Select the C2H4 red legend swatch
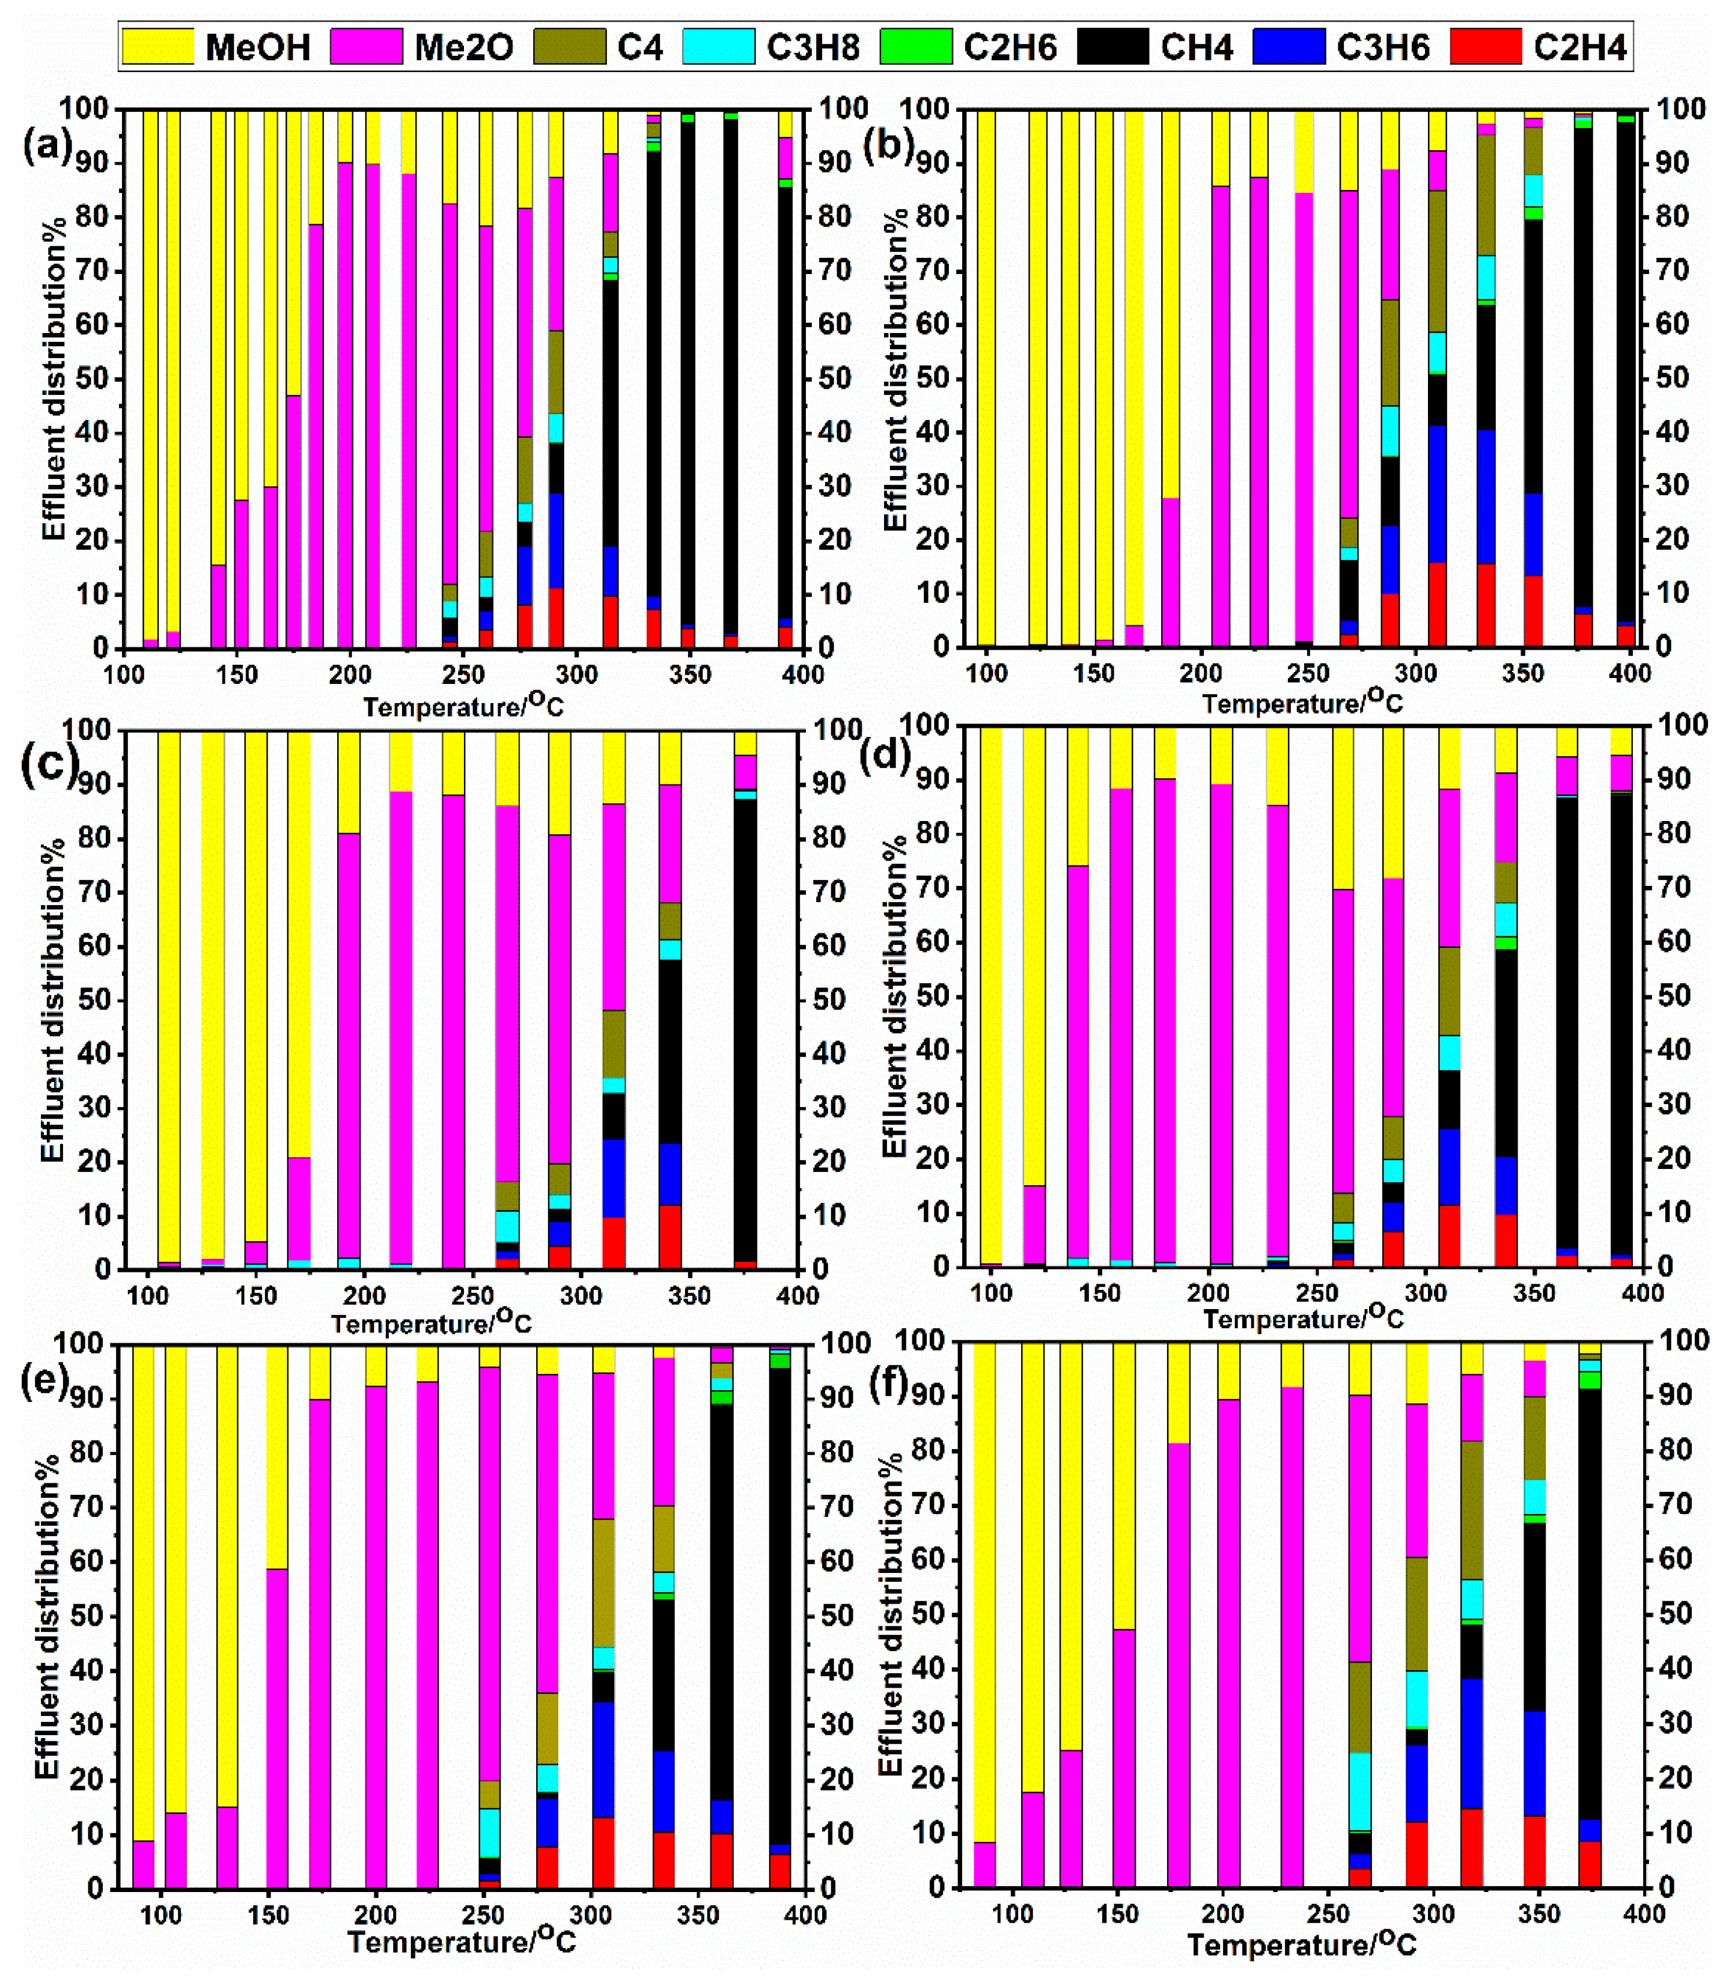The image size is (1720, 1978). (x=1485, y=46)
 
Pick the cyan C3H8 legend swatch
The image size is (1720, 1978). (x=718, y=46)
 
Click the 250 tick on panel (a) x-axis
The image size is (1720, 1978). (x=463, y=675)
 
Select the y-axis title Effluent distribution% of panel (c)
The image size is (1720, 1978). (x=53, y=1000)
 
